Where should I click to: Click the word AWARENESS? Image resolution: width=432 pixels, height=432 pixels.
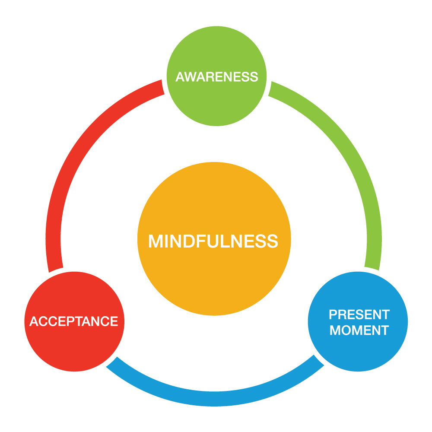(216, 77)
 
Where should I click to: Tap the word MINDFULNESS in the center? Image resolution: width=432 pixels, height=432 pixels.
(213, 241)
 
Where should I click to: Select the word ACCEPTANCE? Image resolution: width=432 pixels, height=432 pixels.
(74, 321)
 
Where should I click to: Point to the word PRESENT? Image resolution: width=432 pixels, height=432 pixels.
(359, 314)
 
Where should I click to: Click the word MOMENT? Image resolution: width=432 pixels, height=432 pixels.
(359, 330)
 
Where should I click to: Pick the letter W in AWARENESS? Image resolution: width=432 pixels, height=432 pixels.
(189, 77)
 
